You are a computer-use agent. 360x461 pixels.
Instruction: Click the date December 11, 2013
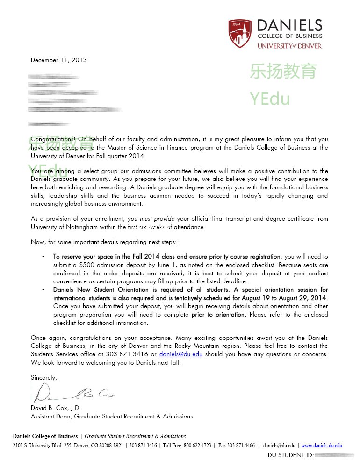(x=58, y=60)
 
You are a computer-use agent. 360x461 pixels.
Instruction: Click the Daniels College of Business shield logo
(x=239, y=33)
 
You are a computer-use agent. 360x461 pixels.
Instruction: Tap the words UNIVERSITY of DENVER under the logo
(x=290, y=46)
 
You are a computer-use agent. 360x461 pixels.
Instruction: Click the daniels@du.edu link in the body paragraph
(x=180, y=354)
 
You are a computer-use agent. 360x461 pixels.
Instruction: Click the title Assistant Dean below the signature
(x=51, y=416)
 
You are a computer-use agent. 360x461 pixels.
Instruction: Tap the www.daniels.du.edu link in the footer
(x=321, y=446)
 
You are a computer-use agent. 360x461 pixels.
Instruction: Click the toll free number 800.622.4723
(x=197, y=446)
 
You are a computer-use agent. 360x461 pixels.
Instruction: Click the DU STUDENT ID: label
(x=290, y=455)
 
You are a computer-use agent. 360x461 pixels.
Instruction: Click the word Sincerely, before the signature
(x=43, y=377)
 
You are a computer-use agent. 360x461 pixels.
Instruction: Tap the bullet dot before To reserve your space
(x=43, y=257)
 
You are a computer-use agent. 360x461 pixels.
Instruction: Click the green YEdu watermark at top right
(x=269, y=99)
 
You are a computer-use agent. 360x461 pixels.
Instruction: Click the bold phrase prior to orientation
(x=218, y=315)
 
